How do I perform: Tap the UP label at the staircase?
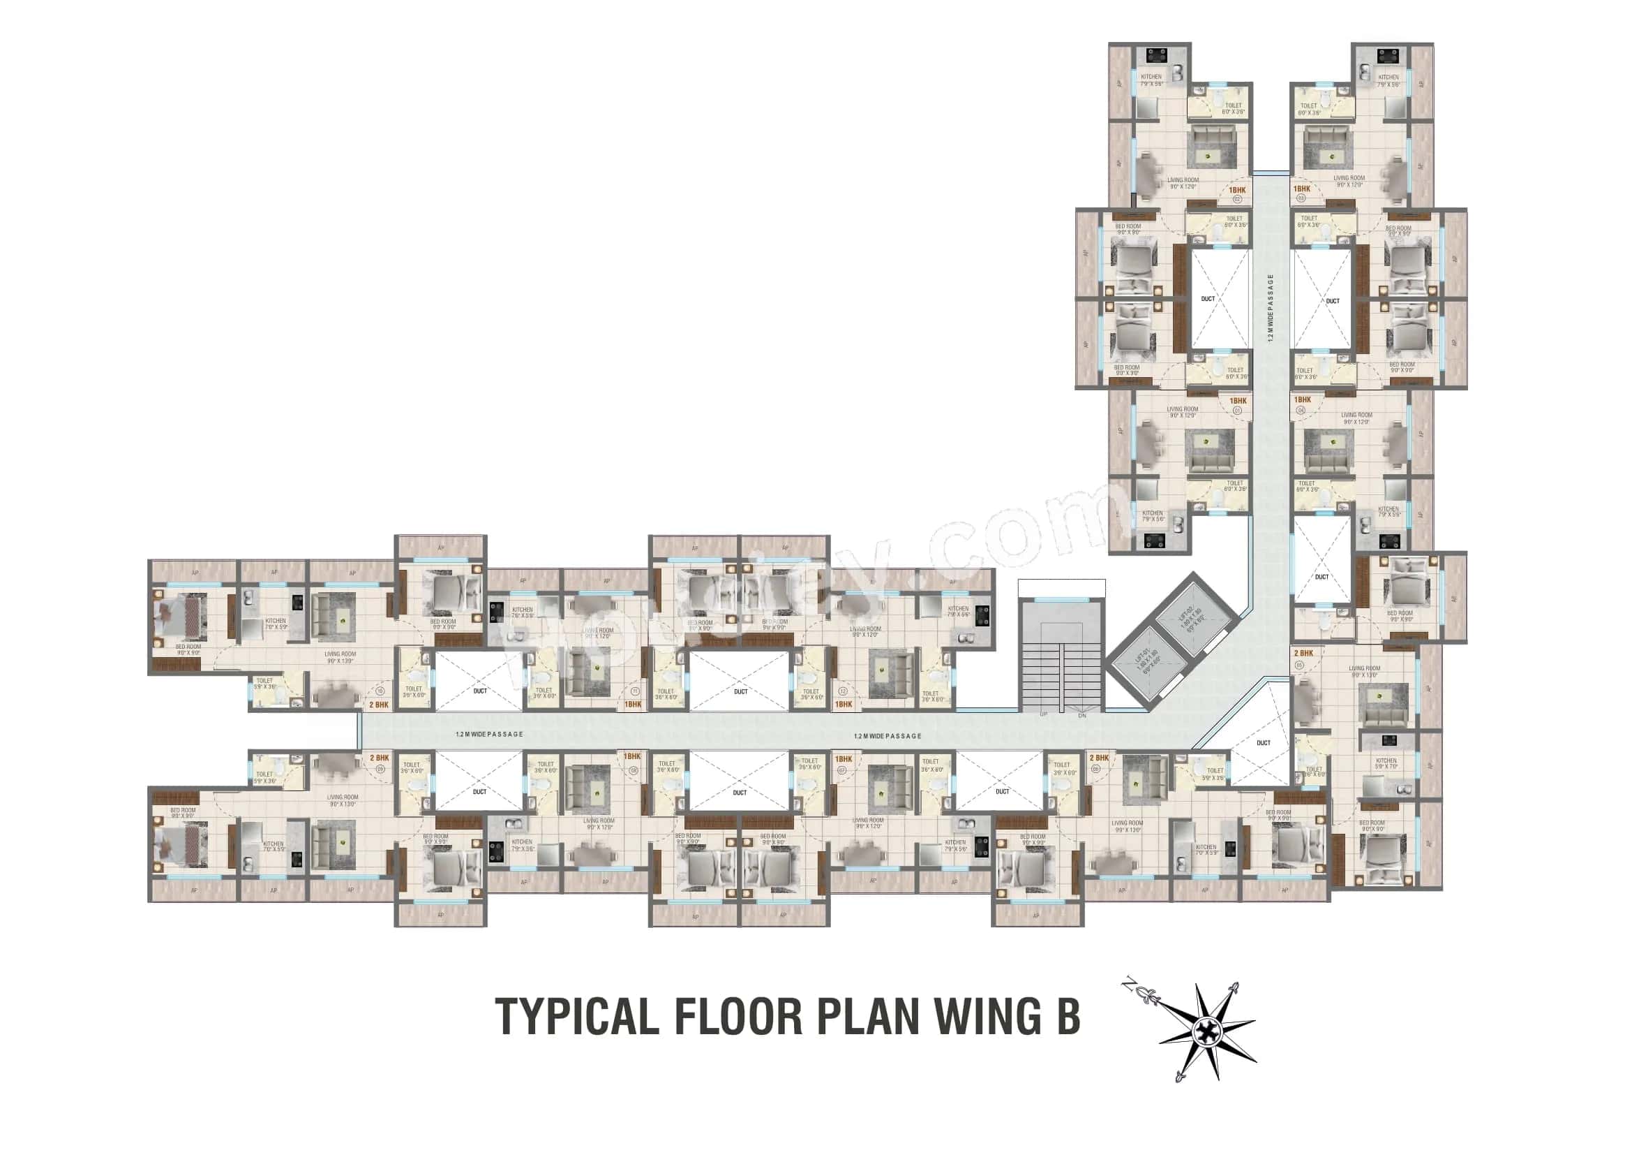pyautogui.click(x=1045, y=714)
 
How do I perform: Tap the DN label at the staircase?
pyautogui.click(x=1082, y=716)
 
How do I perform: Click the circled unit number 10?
pyautogui.click(x=380, y=691)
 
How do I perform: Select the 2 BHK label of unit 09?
pyautogui.click(x=380, y=758)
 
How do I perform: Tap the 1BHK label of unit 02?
pyautogui.click(x=1237, y=190)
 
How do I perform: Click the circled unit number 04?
pyautogui.click(x=1302, y=411)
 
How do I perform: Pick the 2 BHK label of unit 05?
pyautogui.click(x=1303, y=653)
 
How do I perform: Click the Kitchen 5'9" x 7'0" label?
pyautogui.click(x=1386, y=764)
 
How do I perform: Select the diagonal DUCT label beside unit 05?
pyautogui.click(x=1263, y=742)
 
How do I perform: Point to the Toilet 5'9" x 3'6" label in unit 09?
pyautogui.click(x=264, y=777)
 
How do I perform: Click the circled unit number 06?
pyautogui.click(x=1095, y=768)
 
